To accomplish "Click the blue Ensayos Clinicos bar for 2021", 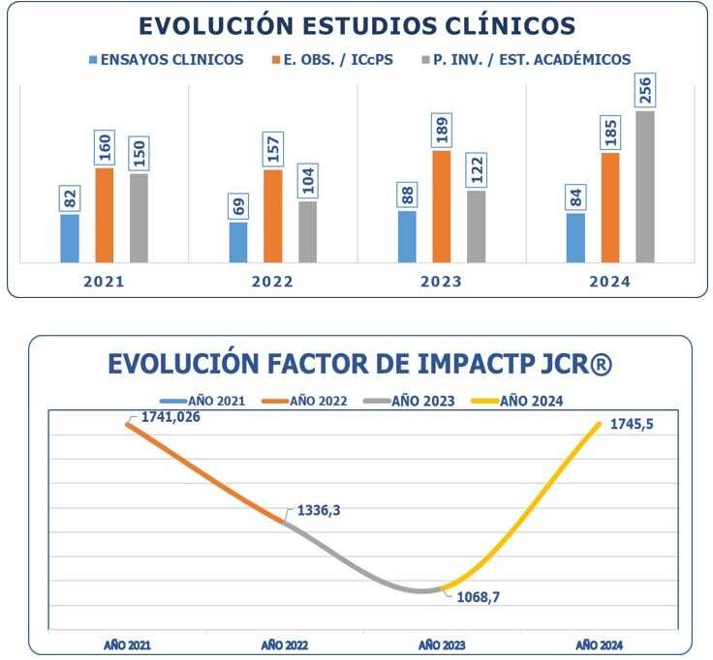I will (70, 238).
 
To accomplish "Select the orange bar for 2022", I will (273, 216).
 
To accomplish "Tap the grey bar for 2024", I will (644, 187).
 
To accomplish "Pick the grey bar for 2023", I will (476, 226).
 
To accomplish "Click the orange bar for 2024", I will (610, 207).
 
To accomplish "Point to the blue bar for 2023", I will (407, 236).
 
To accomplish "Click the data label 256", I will (644, 91).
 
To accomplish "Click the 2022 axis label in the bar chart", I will (273, 283).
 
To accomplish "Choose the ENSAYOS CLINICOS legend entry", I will (166, 60).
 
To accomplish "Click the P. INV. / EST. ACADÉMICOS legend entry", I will (523, 60).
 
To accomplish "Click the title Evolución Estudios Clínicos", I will (356, 26).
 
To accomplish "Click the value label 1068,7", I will (484, 597).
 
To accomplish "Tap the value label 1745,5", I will (636, 424).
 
